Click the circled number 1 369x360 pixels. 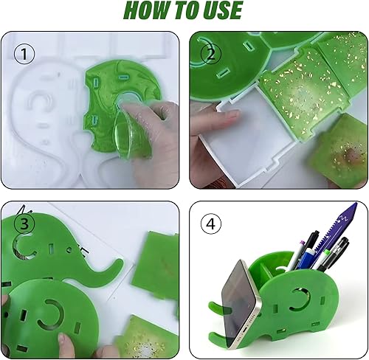point(24,54)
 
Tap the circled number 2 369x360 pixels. point(211,54)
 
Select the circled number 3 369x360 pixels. point(24,224)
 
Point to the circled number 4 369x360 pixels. point(211,224)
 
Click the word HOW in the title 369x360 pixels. point(146,10)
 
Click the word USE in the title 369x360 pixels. point(222,10)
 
